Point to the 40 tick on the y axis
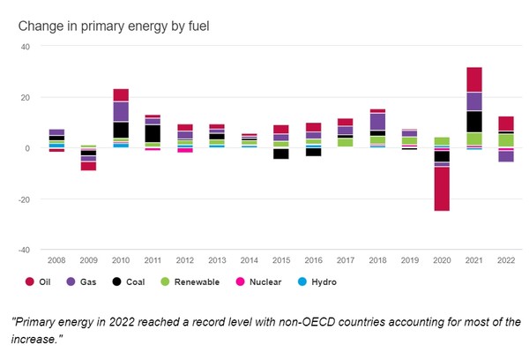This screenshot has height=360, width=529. [x=25, y=46]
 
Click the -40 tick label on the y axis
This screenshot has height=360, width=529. [x=24, y=250]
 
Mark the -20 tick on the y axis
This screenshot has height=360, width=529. [x=24, y=199]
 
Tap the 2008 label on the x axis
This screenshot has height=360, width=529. [x=56, y=260]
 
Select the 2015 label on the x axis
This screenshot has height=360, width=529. [x=280, y=260]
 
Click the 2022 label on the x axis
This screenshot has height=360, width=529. [x=505, y=260]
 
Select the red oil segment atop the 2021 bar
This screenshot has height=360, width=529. [x=474, y=79]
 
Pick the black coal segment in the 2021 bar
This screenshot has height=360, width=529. [x=474, y=122]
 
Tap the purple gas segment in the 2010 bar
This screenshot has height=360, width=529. [x=121, y=111]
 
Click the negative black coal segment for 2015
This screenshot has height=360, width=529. [x=280, y=154]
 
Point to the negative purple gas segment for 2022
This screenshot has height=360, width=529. [x=506, y=156]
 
